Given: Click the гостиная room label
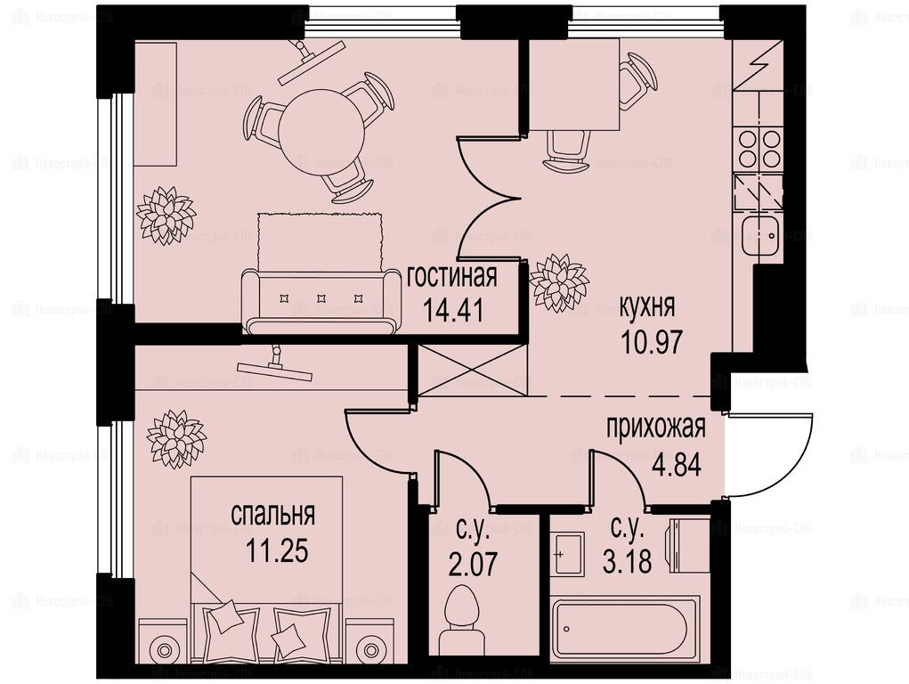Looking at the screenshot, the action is click(452, 277).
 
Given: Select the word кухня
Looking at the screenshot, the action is click(647, 307).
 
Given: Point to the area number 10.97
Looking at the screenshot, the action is click(651, 342).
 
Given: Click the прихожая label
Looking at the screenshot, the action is click(655, 428).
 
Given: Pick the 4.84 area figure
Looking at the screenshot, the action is click(676, 465).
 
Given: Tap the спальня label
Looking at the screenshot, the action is click(273, 514).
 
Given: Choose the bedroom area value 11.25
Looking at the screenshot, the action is click(277, 550).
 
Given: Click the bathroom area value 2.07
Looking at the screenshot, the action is click(473, 564).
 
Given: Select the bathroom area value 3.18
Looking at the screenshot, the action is click(628, 562).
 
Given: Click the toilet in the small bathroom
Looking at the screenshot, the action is click(461, 621).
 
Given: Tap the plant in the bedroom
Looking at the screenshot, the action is click(175, 438).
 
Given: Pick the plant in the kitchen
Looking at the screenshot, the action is click(559, 283).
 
